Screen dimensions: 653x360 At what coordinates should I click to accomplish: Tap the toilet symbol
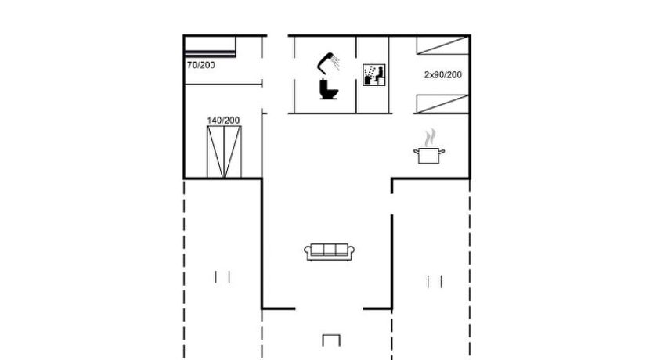click(329, 89)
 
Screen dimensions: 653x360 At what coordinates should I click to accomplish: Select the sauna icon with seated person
click(373, 75)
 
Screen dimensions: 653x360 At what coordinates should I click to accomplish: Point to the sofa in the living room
click(330, 252)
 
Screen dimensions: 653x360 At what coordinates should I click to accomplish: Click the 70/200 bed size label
click(201, 65)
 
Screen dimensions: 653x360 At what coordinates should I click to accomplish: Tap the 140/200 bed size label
click(223, 121)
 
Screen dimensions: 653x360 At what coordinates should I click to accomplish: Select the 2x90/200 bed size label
click(442, 75)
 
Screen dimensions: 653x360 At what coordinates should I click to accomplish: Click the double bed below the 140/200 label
click(224, 152)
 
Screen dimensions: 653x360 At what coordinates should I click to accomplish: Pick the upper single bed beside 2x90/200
click(442, 45)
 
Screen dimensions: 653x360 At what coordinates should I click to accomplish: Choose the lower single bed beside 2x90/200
click(442, 104)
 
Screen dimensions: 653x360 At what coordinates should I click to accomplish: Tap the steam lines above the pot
click(430, 137)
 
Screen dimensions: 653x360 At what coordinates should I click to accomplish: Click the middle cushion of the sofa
click(330, 250)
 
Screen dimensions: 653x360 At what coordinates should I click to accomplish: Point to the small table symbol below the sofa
click(331, 340)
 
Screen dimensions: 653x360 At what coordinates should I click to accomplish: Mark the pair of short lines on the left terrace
click(222, 277)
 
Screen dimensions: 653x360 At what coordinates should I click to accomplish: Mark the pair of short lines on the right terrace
click(435, 282)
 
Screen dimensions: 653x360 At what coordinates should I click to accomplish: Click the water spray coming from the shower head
click(336, 63)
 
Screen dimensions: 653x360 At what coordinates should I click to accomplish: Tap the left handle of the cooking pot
click(417, 151)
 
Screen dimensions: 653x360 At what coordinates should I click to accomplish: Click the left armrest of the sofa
click(308, 251)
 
